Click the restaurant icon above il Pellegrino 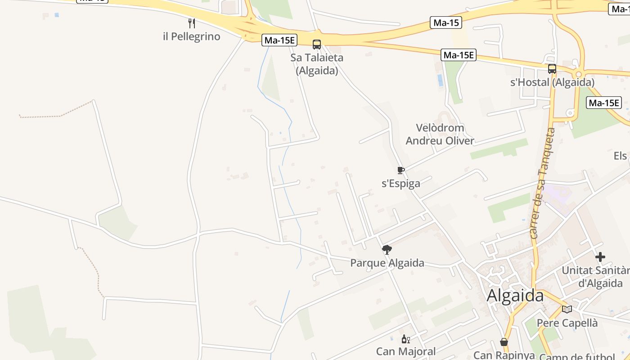coord(191,23)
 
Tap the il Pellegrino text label coord(192,36)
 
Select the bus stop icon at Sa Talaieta coord(317,44)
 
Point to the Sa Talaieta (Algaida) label coord(317,64)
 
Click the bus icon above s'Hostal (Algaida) coord(552,69)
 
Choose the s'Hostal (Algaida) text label coord(552,82)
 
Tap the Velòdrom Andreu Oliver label coord(440,134)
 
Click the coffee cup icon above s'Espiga coord(400,170)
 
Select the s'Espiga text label coord(401,183)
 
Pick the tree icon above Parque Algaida coord(387,250)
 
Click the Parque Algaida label coord(387,263)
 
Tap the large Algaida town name coord(515,296)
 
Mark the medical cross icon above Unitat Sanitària coord(600,257)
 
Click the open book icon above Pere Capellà coord(567,309)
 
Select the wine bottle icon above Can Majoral coord(405,339)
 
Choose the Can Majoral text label coord(406,351)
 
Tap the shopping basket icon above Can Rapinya coord(504,342)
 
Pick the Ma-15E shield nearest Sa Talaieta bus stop coord(279,40)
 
